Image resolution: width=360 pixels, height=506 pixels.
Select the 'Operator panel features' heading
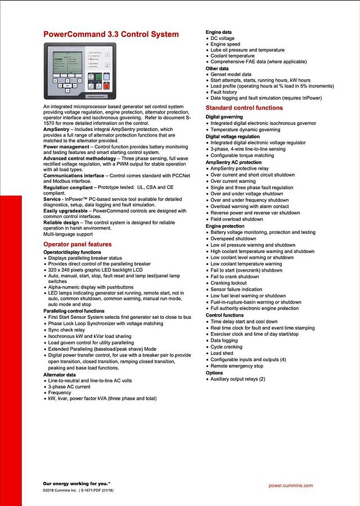(x=78, y=245)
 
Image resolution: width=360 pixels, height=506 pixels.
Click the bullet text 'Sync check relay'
(x=67, y=330)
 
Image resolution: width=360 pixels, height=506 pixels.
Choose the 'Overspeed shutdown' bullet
(x=234, y=239)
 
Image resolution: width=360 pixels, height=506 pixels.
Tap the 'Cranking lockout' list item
(x=229, y=283)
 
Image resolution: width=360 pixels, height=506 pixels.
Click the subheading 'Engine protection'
(x=225, y=226)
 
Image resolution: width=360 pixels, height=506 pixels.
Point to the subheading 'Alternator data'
(x=60, y=374)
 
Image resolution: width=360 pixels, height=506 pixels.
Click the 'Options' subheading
(x=214, y=373)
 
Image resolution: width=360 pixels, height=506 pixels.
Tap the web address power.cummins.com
(x=291, y=486)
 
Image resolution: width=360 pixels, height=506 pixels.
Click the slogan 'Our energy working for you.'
(x=76, y=484)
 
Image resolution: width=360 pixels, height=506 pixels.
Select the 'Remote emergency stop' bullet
(x=237, y=366)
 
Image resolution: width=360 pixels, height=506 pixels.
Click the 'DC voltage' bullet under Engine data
(x=223, y=38)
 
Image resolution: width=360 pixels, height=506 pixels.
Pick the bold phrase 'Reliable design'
(x=60, y=222)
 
